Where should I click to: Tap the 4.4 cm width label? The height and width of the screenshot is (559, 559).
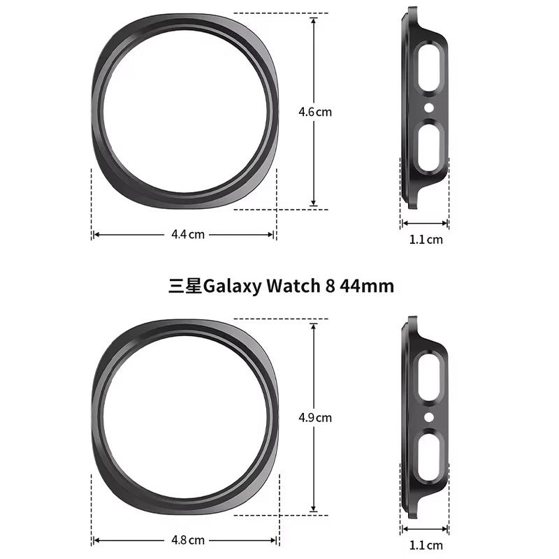(188, 235)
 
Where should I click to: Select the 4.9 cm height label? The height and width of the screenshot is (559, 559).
(314, 418)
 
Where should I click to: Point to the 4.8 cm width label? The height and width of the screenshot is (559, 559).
(188, 540)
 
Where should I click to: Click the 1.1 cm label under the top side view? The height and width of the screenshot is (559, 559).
(426, 240)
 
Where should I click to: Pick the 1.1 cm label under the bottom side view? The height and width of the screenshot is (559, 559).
(426, 545)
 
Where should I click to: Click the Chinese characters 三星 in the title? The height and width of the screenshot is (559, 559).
(184, 286)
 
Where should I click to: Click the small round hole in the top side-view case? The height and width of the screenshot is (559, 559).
(428, 108)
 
